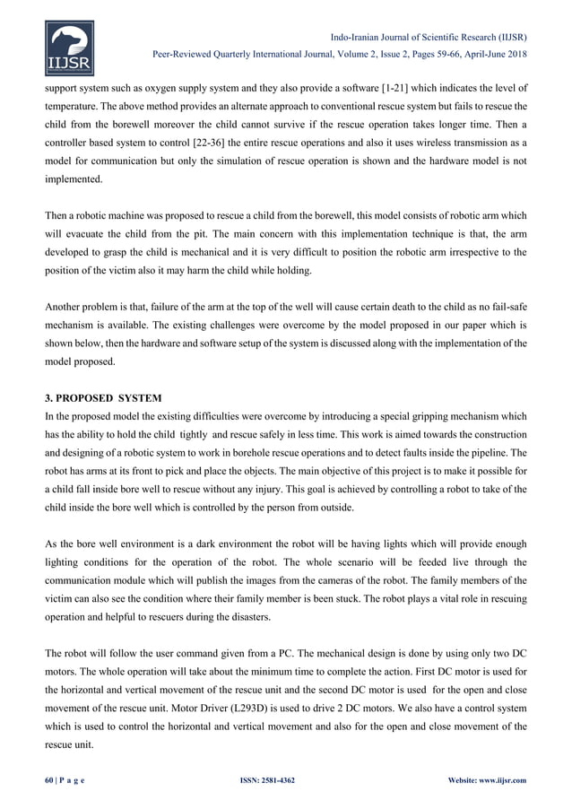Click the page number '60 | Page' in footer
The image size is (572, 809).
(66, 780)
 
